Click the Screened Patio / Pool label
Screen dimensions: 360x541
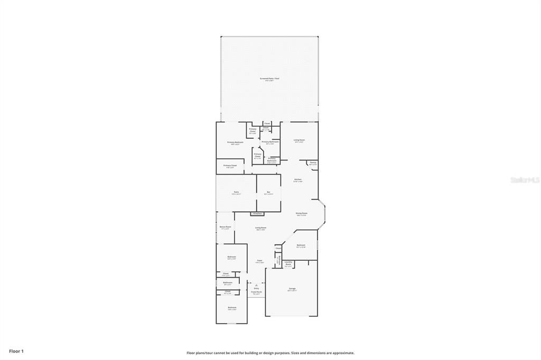269,79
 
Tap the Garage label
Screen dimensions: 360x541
292,289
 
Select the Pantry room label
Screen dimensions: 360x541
313,163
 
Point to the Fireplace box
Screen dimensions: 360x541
258,213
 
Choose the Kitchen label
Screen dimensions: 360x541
298,180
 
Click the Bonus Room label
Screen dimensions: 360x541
225,228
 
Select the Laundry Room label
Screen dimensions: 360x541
288,263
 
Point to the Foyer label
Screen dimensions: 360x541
259,261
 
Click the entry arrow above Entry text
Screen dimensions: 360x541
256,285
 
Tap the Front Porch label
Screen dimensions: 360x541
256,292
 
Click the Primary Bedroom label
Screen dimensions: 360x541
235,143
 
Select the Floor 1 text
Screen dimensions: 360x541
16,350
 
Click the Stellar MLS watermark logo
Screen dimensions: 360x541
525,180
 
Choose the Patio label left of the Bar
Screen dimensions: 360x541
236,193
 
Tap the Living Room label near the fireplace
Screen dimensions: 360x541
260,228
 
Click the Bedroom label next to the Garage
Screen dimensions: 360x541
301,245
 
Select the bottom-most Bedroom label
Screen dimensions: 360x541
232,308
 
